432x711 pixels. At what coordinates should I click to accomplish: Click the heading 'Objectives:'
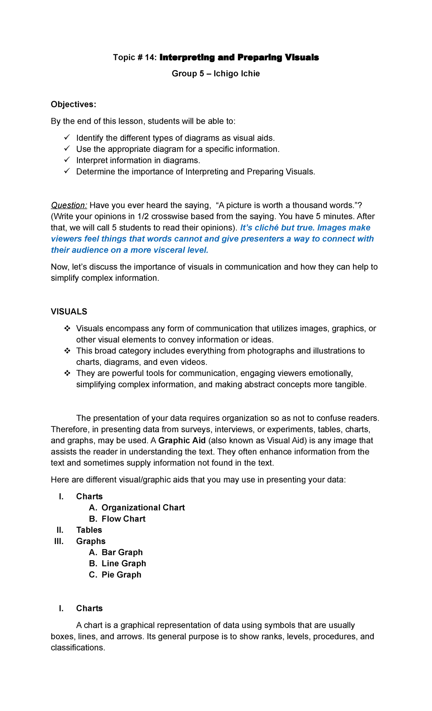(x=73, y=104)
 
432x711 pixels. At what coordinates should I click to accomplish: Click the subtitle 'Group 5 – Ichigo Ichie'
(x=216, y=74)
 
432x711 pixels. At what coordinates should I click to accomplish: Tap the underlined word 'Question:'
(x=69, y=205)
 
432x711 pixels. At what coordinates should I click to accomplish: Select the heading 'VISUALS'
(x=69, y=312)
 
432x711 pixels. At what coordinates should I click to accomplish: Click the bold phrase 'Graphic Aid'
(x=182, y=441)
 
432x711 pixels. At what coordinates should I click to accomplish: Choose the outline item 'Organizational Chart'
(x=143, y=508)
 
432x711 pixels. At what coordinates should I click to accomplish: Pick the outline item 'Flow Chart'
(x=123, y=519)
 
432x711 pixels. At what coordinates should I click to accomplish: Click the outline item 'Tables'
(x=89, y=530)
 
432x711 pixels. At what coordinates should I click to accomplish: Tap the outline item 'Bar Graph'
(x=122, y=552)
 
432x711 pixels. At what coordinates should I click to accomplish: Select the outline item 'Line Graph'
(x=124, y=563)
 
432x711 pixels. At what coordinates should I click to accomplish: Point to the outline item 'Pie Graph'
(x=121, y=575)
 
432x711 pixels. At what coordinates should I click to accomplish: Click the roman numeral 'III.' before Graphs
(x=59, y=541)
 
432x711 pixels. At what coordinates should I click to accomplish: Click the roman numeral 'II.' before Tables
(x=60, y=530)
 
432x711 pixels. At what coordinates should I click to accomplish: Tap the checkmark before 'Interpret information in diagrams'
(x=67, y=160)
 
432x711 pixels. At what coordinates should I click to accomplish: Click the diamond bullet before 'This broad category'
(x=67, y=351)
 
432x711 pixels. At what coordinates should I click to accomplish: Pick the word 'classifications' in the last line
(x=77, y=648)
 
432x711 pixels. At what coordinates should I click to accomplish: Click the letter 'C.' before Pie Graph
(x=93, y=575)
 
